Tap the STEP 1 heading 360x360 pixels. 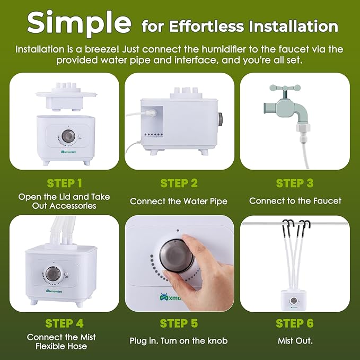64,183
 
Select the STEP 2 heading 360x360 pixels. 179,183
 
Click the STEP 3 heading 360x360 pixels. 294,183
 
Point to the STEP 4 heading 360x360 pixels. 64,323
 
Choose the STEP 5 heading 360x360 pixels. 179,323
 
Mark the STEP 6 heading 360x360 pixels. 294,323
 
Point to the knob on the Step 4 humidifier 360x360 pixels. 52,274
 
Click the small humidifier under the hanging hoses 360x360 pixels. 295,301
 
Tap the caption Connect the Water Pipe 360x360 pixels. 179,201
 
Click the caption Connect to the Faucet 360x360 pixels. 295,201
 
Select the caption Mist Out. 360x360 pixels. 295,341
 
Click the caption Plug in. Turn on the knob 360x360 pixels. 179,341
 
